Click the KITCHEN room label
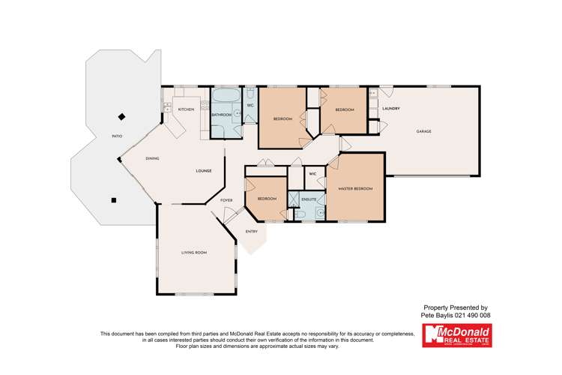(x=186, y=110)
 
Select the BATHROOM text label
(x=221, y=115)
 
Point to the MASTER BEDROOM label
(x=355, y=188)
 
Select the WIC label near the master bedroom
(x=312, y=173)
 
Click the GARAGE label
(x=424, y=131)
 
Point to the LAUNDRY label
(x=390, y=109)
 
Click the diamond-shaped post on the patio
(x=121, y=117)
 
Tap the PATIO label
(x=117, y=136)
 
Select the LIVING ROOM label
(x=193, y=253)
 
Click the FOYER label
(x=226, y=200)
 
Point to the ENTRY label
(x=251, y=231)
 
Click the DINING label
(x=152, y=158)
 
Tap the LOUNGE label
(x=204, y=171)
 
